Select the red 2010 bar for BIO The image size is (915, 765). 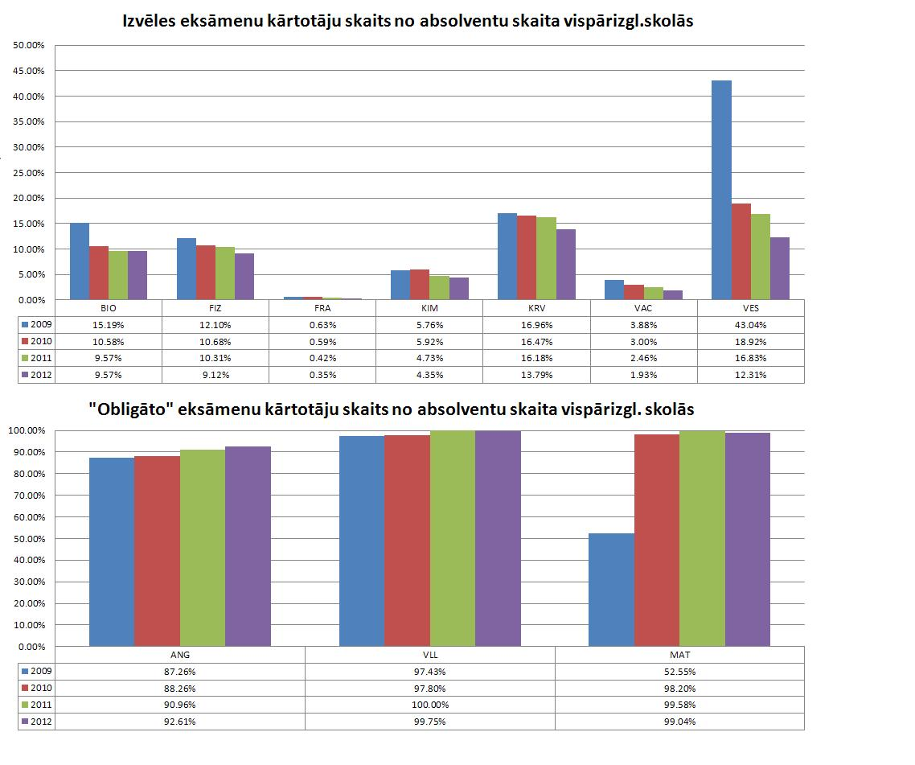[x=99, y=273]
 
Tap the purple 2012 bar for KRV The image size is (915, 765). [x=566, y=265]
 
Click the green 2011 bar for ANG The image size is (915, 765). [x=203, y=548]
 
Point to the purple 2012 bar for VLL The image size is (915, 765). [x=498, y=538]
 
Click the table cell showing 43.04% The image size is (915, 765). [x=750, y=325]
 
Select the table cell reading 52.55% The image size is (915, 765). [x=679, y=672]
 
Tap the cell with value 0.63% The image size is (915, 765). [x=322, y=325]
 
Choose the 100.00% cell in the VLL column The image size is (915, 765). [x=430, y=705]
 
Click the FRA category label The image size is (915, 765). [x=322, y=308]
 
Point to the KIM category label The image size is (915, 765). [x=429, y=308]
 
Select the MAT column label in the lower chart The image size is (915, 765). [x=679, y=655]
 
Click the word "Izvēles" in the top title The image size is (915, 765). [x=152, y=23]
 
